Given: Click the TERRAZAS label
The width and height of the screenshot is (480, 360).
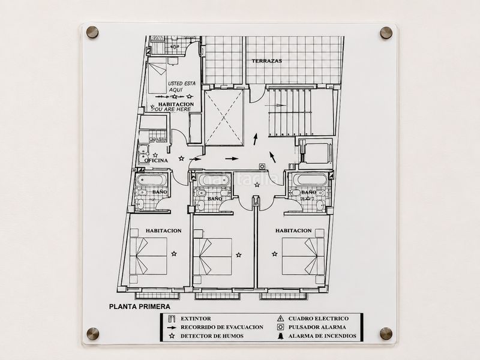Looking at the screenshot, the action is coord(266,61).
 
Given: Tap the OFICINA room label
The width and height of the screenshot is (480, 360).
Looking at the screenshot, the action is coord(156,160).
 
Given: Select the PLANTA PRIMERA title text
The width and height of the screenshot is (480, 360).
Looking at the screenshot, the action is coord(140,307).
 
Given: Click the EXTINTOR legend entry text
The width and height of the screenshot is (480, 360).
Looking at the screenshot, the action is coord(196,319).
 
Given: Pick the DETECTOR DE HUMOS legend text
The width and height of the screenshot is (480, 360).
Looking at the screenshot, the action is coord(212,336).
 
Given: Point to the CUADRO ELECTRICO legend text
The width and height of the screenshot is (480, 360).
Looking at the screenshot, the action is coord(319,319).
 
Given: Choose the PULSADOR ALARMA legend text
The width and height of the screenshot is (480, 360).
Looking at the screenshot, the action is coord(317,327).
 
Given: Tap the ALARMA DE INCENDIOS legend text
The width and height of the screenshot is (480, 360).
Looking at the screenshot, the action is coord(322,336).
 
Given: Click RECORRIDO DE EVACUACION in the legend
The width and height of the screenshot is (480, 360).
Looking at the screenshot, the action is coord(222,327).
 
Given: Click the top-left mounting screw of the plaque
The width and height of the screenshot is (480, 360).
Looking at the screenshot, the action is coord(92,32).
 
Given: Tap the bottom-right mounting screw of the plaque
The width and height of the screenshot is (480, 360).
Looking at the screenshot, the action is coord(386,334).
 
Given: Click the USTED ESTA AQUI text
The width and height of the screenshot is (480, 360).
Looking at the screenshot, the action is coord(181,86).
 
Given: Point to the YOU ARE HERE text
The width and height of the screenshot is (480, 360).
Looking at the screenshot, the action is coord(172,109).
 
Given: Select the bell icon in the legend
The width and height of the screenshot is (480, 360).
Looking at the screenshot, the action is coord(280,336).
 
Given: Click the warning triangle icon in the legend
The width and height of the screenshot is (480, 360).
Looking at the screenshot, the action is coord(280,319).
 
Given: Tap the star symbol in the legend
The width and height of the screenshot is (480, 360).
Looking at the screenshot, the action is coord(172,336).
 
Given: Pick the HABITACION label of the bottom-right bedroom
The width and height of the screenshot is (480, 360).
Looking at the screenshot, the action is coord(293,230).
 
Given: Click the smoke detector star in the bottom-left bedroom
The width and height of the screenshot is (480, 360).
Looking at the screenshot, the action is coord(174,253).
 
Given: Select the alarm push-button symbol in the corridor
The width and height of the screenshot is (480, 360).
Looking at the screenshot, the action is coord(262,167).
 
